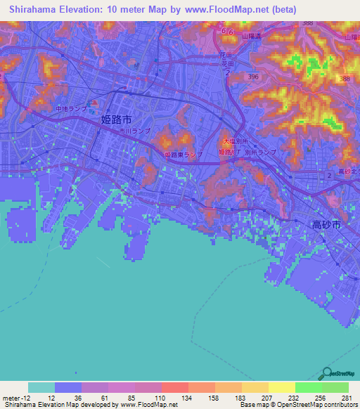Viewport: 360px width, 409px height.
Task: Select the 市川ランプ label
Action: pos(134,131)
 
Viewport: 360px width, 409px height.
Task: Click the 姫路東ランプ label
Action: pos(183,154)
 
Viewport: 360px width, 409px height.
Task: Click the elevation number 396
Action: pos(254,77)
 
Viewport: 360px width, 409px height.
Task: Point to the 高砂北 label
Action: pos(348,172)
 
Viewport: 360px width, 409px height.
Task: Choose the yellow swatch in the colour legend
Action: pos(281,387)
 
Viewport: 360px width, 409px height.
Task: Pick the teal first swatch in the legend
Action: pos(41,387)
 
